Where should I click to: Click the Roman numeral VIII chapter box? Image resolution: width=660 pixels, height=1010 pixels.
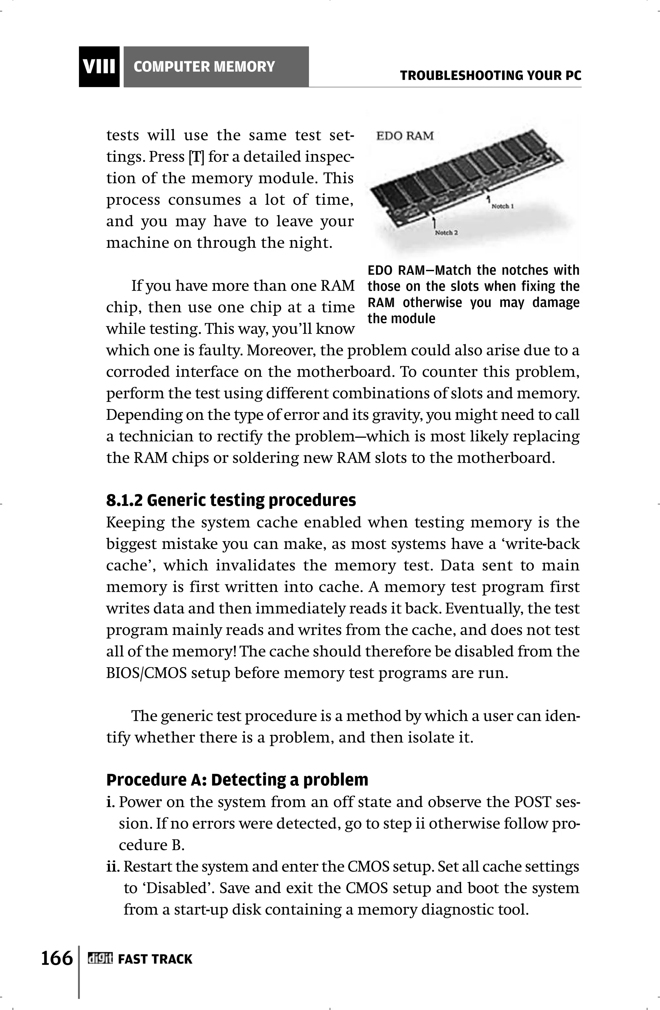click(99, 67)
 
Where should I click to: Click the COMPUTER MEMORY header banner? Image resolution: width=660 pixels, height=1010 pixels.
click(216, 67)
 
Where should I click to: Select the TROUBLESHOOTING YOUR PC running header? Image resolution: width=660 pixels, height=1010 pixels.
click(490, 76)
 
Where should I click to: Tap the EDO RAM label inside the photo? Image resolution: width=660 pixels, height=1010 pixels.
click(405, 136)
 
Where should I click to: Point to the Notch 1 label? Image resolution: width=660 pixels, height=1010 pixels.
click(503, 206)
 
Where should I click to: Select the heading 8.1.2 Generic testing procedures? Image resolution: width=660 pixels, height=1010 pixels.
click(231, 501)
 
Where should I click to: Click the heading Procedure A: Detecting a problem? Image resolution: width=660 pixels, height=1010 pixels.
click(237, 780)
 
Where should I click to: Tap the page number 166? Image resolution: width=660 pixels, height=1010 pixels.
click(57, 958)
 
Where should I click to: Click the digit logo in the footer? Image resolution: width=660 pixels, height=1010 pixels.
click(100, 959)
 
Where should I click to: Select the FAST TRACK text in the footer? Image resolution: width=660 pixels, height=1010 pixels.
click(155, 959)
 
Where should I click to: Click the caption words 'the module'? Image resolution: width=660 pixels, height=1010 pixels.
click(401, 319)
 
